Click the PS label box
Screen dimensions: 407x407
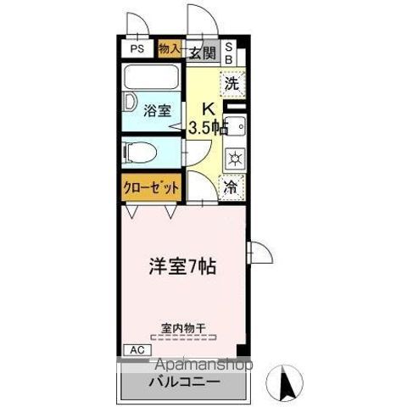(x=137, y=49)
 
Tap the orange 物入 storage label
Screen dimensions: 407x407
(x=170, y=49)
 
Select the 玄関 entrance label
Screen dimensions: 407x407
(x=202, y=53)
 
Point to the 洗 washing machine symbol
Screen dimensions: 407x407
(x=231, y=84)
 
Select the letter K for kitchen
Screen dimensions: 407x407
(x=206, y=109)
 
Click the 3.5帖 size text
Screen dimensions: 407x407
(x=208, y=129)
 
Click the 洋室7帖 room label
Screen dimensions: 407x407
(x=182, y=266)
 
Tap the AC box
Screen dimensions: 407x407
(x=135, y=348)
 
